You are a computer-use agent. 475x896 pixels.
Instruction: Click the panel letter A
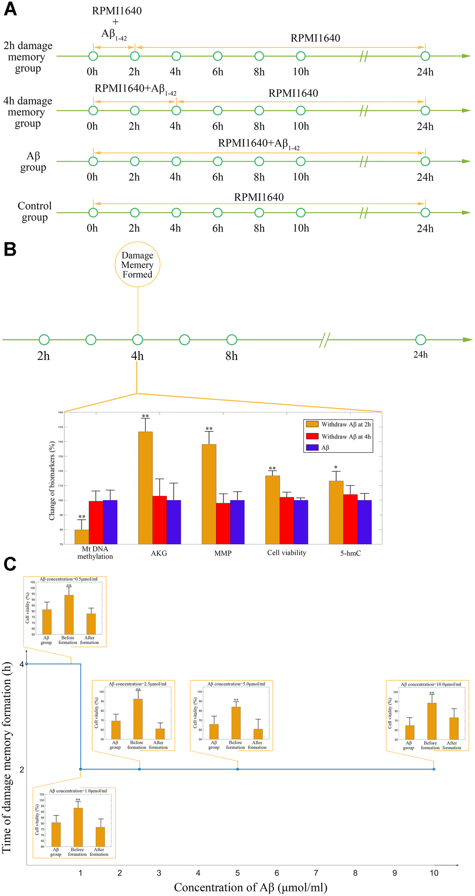tap(10, 10)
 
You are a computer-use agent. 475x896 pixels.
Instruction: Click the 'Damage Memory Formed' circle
tap(137, 265)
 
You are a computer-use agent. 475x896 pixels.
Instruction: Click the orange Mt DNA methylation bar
tap(81, 536)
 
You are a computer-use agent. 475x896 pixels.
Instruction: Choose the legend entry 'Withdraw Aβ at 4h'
tap(346, 436)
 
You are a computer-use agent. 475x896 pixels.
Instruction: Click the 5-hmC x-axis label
tap(350, 553)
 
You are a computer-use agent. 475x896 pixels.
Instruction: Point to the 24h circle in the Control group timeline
tap(425, 212)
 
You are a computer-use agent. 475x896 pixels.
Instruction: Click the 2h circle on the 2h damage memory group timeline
tap(135, 56)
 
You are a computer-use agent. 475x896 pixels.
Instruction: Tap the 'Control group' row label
tap(34, 211)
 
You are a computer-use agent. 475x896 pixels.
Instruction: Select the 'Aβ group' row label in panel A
tap(33, 162)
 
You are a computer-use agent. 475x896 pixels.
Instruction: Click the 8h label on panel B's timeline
tap(231, 356)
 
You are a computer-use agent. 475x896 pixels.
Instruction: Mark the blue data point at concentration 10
tap(434, 769)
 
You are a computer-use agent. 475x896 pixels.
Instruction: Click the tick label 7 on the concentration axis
tap(316, 873)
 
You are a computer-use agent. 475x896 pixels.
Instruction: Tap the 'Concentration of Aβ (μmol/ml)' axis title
tap(251, 888)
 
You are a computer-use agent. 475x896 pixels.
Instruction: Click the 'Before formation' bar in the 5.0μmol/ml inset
tap(236, 723)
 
